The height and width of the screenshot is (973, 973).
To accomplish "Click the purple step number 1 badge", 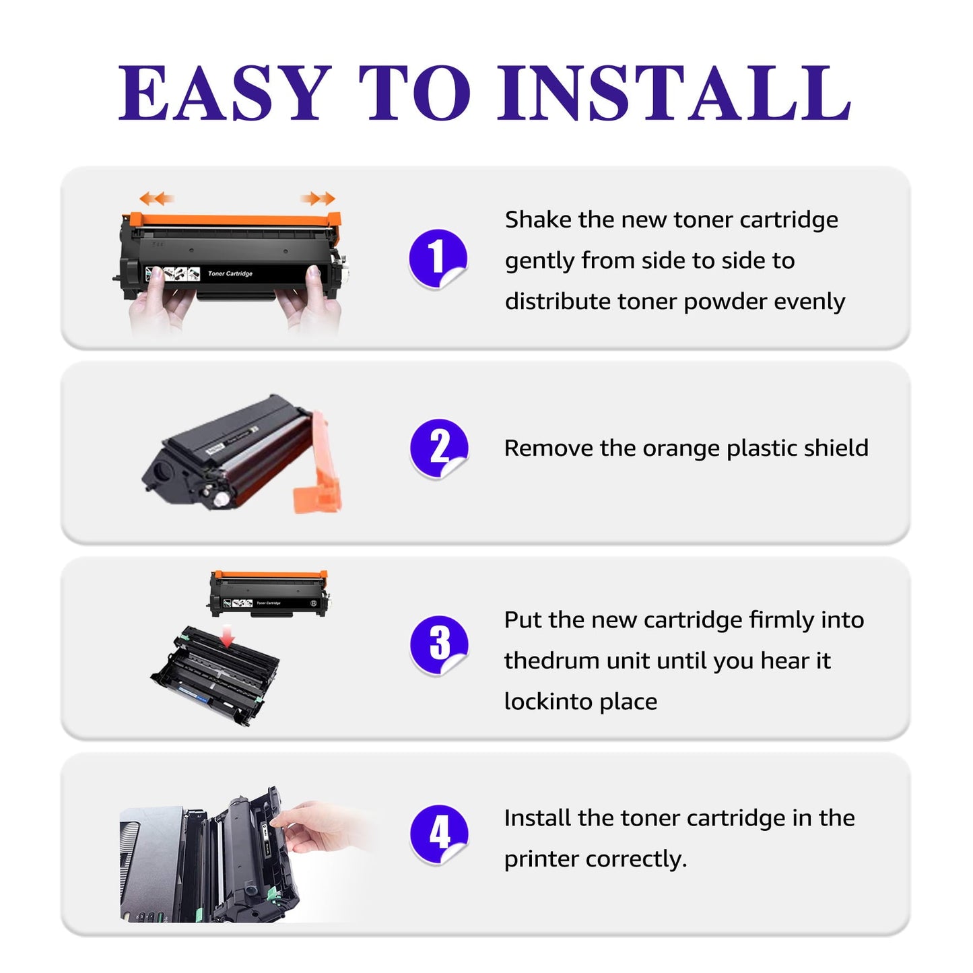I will click(x=438, y=258).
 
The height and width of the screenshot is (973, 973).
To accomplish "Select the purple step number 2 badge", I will click(x=438, y=448).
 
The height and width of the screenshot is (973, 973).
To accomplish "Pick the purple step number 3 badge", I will click(x=438, y=644).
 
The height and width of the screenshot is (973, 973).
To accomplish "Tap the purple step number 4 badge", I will click(x=438, y=834).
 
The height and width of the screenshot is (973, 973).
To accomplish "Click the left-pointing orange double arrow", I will click(x=156, y=199).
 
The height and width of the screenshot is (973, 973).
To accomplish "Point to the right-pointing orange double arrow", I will click(x=318, y=198).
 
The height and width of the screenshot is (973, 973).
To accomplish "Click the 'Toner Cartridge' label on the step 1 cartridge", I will click(x=230, y=273).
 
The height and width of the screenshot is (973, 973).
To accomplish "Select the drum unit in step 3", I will click(x=215, y=677).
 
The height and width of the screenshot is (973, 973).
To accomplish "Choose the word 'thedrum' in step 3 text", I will click(x=551, y=661).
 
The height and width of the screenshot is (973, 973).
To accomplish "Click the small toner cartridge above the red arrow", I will click(x=269, y=593).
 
